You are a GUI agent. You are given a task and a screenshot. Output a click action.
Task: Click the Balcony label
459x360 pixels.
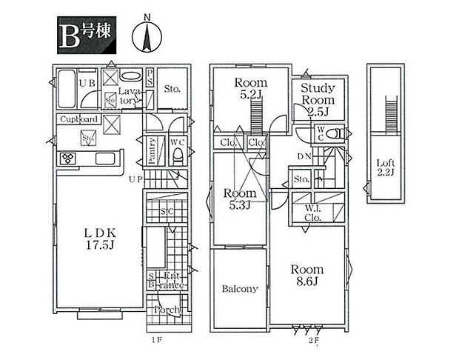coord(239,289)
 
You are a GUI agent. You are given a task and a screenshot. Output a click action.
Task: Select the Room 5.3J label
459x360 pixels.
coord(239,199)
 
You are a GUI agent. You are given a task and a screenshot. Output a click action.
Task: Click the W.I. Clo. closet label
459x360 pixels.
coord(312,213)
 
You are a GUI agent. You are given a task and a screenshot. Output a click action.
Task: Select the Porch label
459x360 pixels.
coord(166,310)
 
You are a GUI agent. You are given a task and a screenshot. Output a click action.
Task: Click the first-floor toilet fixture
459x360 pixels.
coord(178,154)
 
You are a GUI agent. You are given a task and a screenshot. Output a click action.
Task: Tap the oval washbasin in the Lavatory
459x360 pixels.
coord(131,76)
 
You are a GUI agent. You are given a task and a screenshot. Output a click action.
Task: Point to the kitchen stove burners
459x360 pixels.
coord(68,159)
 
